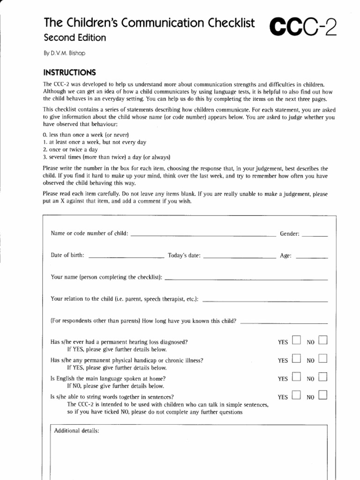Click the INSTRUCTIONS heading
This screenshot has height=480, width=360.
click(x=69, y=73)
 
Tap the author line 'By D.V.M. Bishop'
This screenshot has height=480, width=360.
click(x=65, y=53)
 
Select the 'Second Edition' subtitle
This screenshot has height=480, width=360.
click(x=75, y=37)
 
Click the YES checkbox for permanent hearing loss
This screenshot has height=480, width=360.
click(x=296, y=340)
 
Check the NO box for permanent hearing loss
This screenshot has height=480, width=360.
click(x=322, y=340)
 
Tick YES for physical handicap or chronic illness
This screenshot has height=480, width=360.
click(x=296, y=359)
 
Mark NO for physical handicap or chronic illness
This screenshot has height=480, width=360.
click(x=322, y=359)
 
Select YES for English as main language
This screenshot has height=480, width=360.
click(x=296, y=377)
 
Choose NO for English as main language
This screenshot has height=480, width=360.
click(x=322, y=377)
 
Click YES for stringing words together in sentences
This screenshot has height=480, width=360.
click(x=296, y=395)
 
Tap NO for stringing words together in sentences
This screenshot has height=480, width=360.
click(x=322, y=395)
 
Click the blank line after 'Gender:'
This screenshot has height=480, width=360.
click(x=315, y=236)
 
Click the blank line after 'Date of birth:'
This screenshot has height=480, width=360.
click(x=126, y=257)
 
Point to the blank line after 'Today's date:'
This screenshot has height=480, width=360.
click(x=240, y=257)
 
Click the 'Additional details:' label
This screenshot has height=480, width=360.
click(x=77, y=431)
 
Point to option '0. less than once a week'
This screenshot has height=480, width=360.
click(x=82, y=135)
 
